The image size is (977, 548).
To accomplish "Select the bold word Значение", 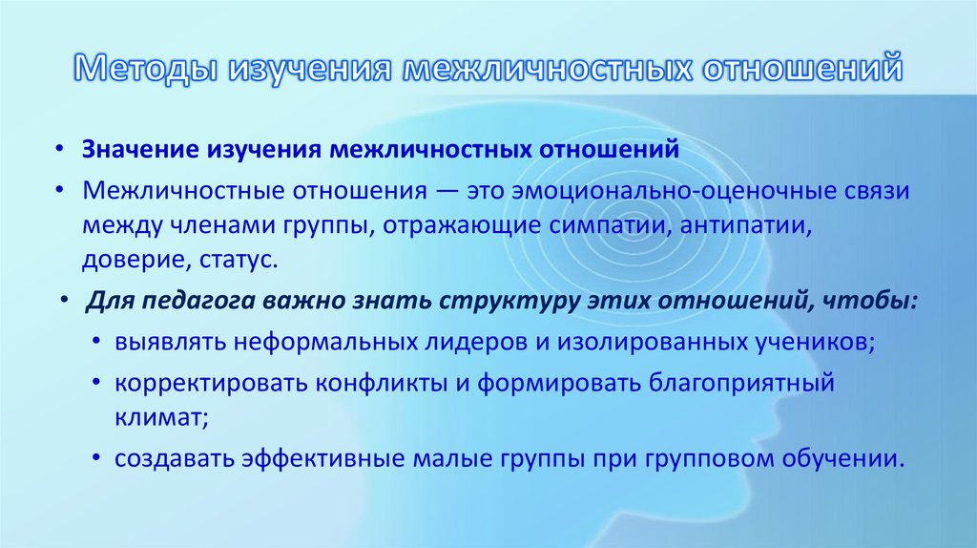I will (x=138, y=150).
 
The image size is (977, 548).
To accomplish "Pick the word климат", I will (x=159, y=417).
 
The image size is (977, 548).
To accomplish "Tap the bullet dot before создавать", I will (x=99, y=458).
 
